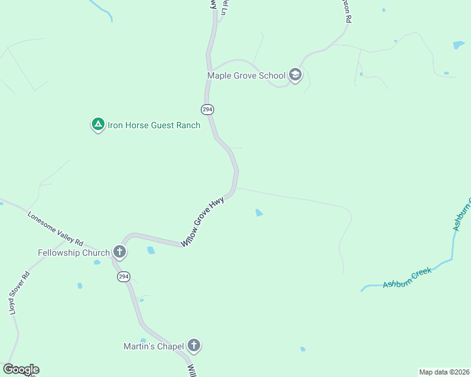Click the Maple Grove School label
click(246, 76)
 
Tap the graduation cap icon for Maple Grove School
click(295, 75)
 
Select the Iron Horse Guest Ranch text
click(154, 125)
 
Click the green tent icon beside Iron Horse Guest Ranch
click(98, 124)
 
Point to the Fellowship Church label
click(74, 253)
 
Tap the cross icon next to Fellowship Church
click(119, 253)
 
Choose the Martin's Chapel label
click(154, 346)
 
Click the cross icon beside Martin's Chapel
click(194, 345)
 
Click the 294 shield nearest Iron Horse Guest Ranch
click(208, 109)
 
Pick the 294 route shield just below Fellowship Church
click(123, 277)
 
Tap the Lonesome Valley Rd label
click(55, 227)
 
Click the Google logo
click(21, 369)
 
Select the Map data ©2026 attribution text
click(444, 372)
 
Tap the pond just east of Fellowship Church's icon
click(150, 250)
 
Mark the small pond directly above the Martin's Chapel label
click(144, 340)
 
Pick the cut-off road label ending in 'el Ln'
click(223, 8)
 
